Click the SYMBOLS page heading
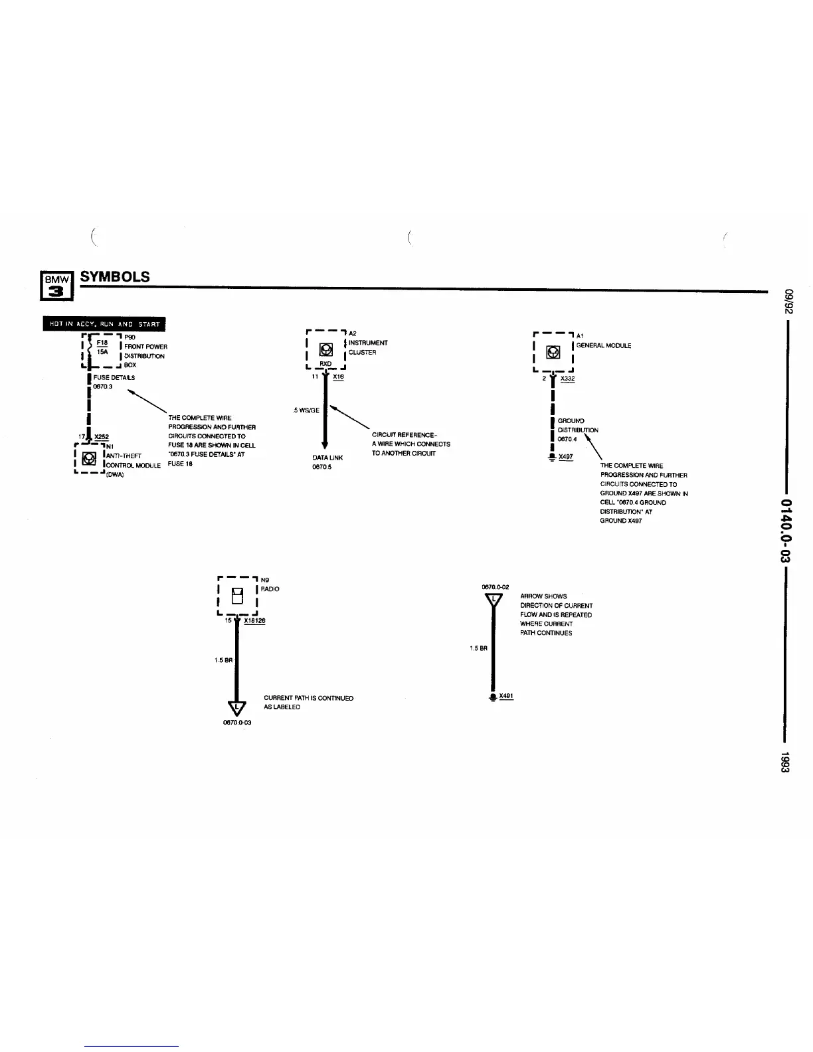pyautogui.click(x=115, y=277)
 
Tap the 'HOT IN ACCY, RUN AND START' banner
pyautogui.click(x=104, y=324)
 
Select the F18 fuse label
pyautogui.click(x=102, y=343)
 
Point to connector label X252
pyautogui.click(x=102, y=436)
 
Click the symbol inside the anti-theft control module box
pyautogui.click(x=86, y=458)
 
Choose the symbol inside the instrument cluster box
pyautogui.click(x=326, y=349)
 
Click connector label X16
pyautogui.click(x=338, y=377)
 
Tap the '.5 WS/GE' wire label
pyautogui.click(x=306, y=410)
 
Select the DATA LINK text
pyautogui.click(x=327, y=458)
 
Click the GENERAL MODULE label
pyautogui.click(x=603, y=345)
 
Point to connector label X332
pyautogui.click(x=567, y=379)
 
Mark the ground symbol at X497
pyautogui.click(x=551, y=457)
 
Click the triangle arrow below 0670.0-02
pyautogui.click(x=494, y=600)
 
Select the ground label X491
pyautogui.click(x=506, y=696)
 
